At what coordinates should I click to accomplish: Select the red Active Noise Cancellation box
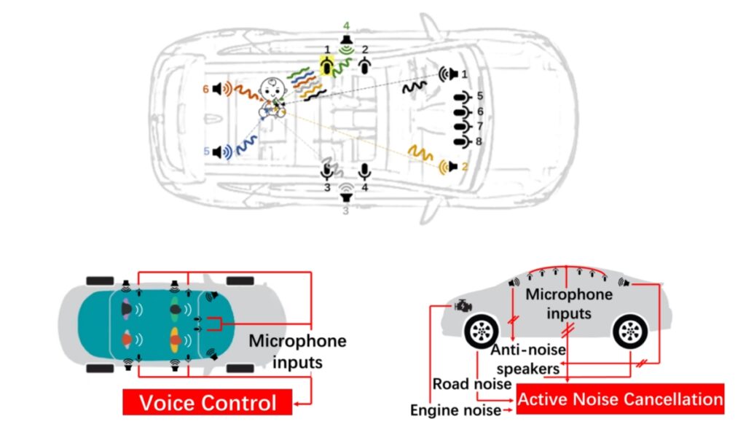[x=621, y=399]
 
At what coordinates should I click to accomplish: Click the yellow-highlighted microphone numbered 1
[x=328, y=67]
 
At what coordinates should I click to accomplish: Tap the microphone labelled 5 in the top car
[x=462, y=96]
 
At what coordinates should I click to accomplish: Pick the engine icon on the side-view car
[x=461, y=307]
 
